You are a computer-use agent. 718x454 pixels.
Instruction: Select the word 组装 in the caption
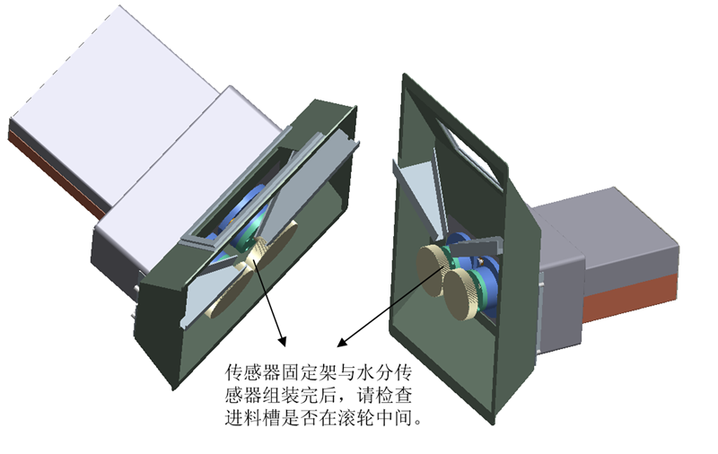coord(280,395)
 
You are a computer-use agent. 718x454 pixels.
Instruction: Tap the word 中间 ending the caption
coord(393,417)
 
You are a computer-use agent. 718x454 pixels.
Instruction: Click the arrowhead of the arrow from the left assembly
coord(282,342)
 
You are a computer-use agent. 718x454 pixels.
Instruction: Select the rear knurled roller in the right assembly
coord(432,270)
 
